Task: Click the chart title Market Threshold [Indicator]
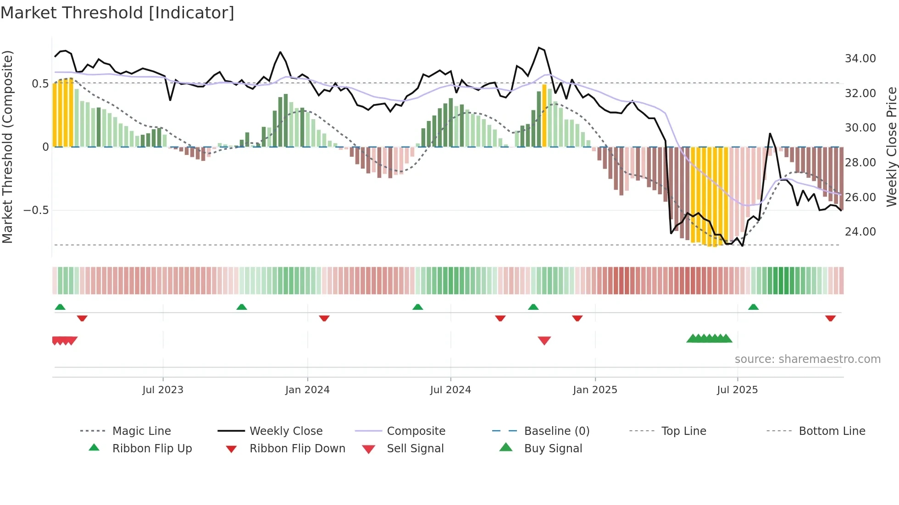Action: pos(117,13)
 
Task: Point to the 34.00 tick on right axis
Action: pos(860,59)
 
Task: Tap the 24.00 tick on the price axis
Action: pos(860,232)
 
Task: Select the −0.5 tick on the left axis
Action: pos(36,210)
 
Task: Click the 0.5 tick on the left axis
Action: pos(40,83)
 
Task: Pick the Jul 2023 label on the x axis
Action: pos(163,390)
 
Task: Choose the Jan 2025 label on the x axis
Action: pos(595,390)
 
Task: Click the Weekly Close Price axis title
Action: pos(891,147)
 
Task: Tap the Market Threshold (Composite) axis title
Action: pos(7,147)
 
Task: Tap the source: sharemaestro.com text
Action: pos(807,359)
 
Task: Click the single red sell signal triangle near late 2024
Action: pos(544,340)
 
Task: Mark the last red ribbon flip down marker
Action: pos(830,318)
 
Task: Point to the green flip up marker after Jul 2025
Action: pos(753,307)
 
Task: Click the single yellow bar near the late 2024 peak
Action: pos(544,115)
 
